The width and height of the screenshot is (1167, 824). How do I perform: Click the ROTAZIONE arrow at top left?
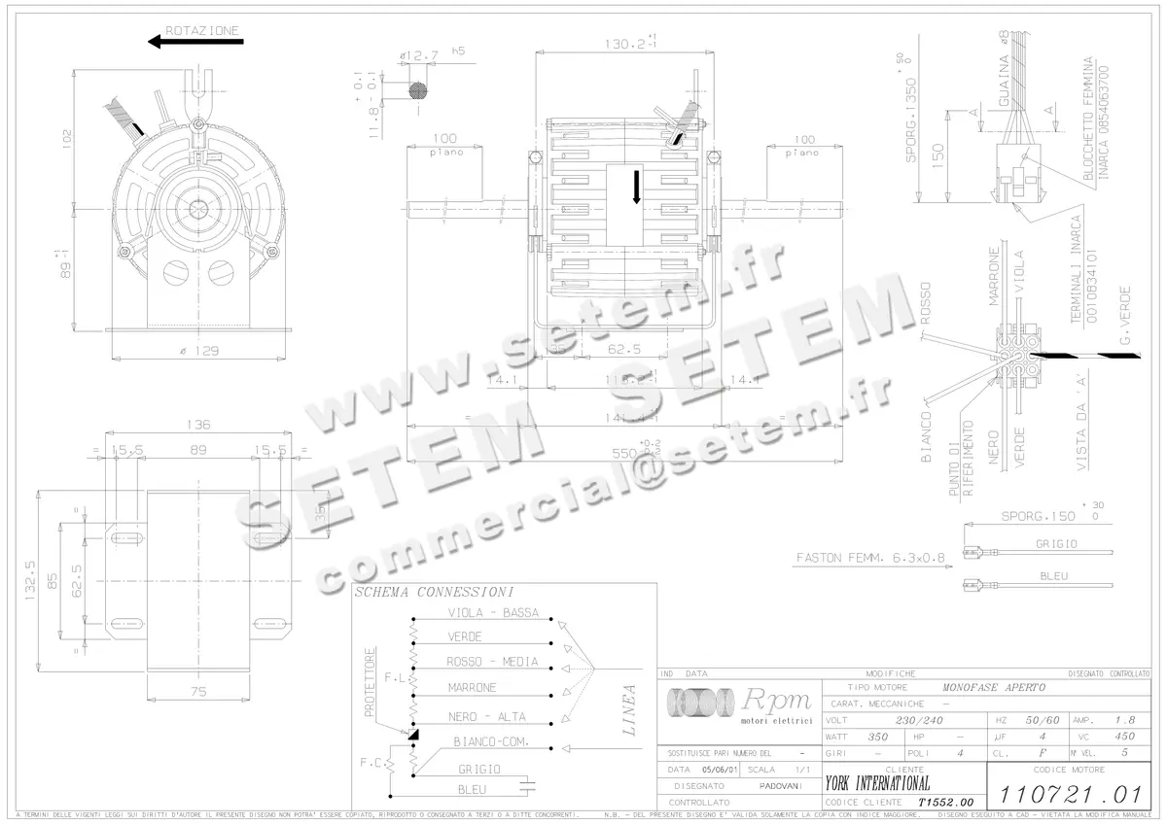pos(194,42)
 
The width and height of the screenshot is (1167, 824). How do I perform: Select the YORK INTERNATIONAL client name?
pos(876,783)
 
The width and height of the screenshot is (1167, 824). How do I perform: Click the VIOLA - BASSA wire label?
pos(492,613)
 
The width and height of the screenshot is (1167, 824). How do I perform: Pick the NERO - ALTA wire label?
pos(486,717)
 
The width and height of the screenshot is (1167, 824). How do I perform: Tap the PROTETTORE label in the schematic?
pos(369,681)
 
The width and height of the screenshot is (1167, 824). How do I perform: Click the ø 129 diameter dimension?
pos(198,351)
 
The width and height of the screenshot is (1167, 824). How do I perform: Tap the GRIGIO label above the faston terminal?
pos(1055,544)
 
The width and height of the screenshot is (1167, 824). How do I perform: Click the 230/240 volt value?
pos(919,721)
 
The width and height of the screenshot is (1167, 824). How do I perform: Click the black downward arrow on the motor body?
pos(637,187)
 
